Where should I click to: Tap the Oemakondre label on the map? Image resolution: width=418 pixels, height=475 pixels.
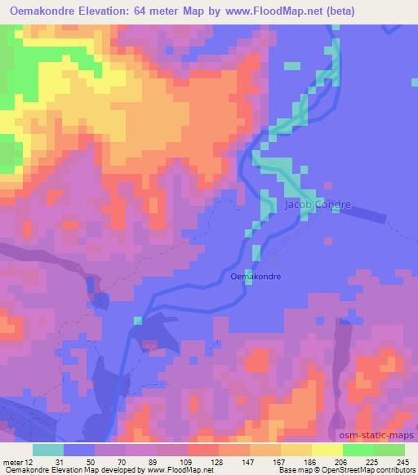[256, 277]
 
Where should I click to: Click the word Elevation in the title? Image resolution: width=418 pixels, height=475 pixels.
[118, 12]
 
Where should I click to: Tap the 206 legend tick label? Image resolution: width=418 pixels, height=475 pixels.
[340, 463]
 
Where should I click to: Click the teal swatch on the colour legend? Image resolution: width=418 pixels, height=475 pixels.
[48, 450]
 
